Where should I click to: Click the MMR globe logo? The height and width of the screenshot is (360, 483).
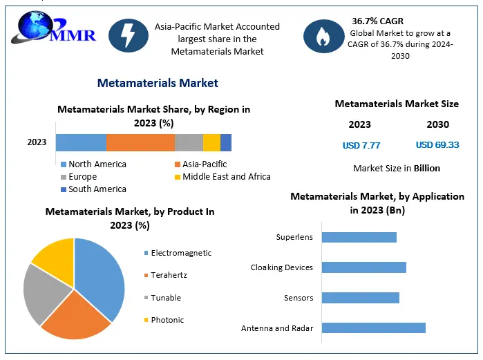53,28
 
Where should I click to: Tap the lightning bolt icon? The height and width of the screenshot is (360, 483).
129,35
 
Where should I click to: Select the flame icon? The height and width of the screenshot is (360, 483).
324,36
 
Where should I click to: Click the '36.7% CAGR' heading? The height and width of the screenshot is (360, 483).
377,21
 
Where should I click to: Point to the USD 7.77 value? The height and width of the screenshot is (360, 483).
361,145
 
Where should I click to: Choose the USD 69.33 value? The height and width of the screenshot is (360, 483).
437,144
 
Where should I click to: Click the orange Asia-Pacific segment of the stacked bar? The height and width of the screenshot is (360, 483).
140,142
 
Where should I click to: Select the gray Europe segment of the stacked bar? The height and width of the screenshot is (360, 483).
189,142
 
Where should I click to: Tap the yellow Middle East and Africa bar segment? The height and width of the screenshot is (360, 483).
211,142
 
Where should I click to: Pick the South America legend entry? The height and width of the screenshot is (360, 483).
94,189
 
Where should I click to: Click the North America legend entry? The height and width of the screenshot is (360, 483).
94,164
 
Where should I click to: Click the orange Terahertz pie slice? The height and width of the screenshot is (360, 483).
77,316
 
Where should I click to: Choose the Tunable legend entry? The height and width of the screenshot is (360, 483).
162,298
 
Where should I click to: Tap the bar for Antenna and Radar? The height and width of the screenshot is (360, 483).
374,328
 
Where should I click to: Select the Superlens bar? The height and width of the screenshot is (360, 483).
359,238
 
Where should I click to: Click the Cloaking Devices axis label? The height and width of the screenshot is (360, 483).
281,267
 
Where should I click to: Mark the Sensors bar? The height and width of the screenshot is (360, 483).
361,298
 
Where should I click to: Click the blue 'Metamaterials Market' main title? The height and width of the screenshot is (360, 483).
158,83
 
